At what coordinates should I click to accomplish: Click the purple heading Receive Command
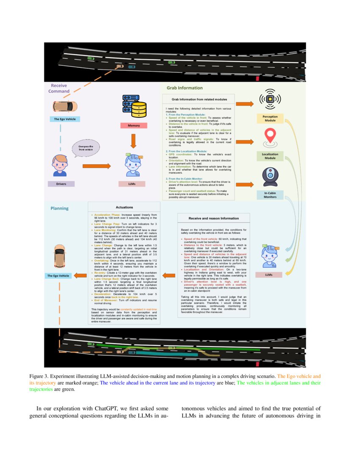59,88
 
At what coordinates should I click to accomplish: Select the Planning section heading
59,208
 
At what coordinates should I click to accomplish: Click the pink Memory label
134,126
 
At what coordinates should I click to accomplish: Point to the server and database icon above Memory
133,106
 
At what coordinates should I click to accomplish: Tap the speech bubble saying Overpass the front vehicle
86,148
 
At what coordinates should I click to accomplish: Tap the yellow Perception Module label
270,118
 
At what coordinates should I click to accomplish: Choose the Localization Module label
270,155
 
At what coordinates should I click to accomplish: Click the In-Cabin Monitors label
270,195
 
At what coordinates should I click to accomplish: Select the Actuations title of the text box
124,208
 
